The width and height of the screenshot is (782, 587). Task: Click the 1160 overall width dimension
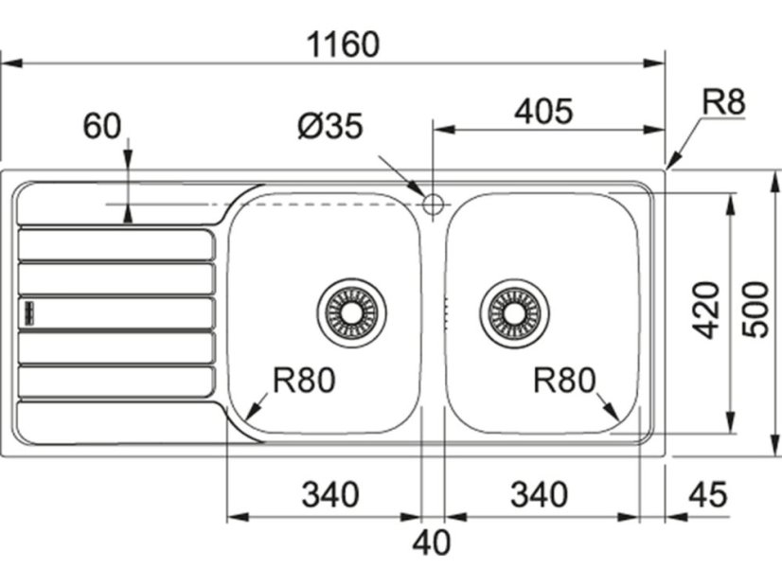pos(343,44)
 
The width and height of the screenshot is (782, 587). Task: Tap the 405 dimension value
pos(543,112)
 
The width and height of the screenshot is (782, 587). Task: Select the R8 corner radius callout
pos(724,103)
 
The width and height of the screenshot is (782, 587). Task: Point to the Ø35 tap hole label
pos(329,127)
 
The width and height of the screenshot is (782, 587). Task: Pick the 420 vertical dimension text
pos(705,310)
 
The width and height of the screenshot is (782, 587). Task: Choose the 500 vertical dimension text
pos(756,309)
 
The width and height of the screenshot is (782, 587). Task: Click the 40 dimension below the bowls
pos(432,543)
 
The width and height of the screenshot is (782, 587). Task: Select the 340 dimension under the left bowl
pos(330,494)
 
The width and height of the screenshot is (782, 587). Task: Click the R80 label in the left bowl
pos(304,381)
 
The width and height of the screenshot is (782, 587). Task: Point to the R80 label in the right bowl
pos(564,381)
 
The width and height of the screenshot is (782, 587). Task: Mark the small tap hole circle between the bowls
pos(433,203)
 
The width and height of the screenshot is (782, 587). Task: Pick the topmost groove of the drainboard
pos(116,244)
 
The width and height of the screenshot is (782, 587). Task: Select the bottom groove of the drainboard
pos(116,381)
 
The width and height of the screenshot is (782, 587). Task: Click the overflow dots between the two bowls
pos(444,311)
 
